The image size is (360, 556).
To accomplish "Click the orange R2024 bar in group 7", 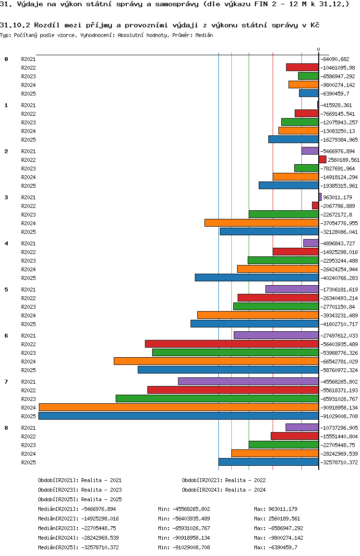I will pyautogui.click(x=179, y=407).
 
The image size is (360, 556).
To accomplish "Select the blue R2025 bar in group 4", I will pyautogui.click(x=257, y=278).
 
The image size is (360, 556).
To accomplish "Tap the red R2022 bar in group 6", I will pyautogui.click(x=232, y=344).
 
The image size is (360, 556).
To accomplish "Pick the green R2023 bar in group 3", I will pyautogui.click(x=284, y=214).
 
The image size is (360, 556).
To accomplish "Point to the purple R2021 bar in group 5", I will pyautogui.click(x=292, y=289).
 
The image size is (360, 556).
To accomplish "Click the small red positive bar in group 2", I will pyautogui.click(x=323, y=159).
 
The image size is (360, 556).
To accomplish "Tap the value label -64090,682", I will pyautogui.click(x=338, y=59).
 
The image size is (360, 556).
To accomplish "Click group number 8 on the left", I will pyautogui.click(x=6, y=427).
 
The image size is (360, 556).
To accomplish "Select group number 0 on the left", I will pyautogui.click(x=6, y=59).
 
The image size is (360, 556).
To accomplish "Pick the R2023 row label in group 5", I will pyautogui.click(x=28, y=307).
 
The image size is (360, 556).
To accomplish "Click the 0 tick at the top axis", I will pyautogui.click(x=318, y=50).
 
